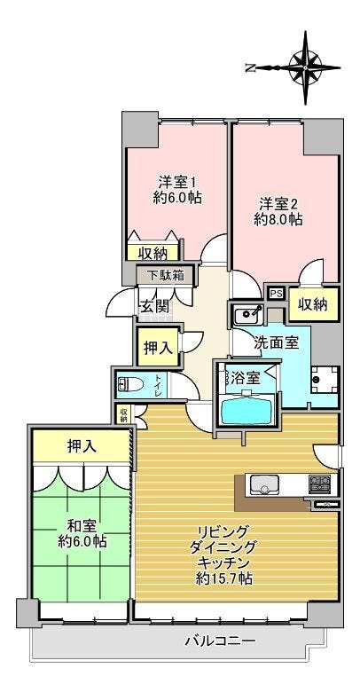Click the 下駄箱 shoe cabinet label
[x=166, y=274]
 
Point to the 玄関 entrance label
[x=153, y=306]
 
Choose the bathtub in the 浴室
[x=248, y=411]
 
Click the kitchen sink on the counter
[x=264, y=484]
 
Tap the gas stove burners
[x=320, y=484]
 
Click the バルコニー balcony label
[x=220, y=641]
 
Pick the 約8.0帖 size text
[x=278, y=218]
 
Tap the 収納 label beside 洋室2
[x=312, y=304]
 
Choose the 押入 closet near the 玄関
[x=159, y=349]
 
